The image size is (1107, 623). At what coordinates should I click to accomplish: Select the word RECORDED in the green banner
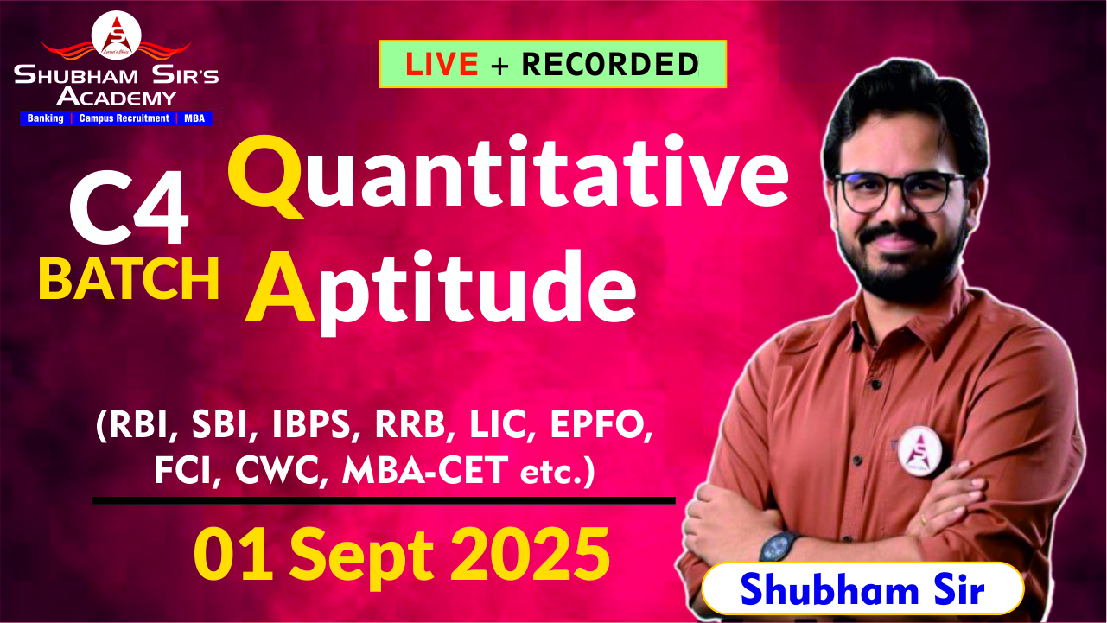[610, 64]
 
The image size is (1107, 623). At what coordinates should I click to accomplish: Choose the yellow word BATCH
[129, 278]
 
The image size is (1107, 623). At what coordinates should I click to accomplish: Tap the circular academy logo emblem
[116, 35]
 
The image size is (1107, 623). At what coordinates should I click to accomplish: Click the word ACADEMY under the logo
[116, 97]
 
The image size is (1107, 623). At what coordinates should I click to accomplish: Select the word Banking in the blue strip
[45, 118]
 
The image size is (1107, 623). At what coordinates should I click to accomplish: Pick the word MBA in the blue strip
[194, 118]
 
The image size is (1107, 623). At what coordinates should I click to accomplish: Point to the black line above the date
[384, 499]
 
